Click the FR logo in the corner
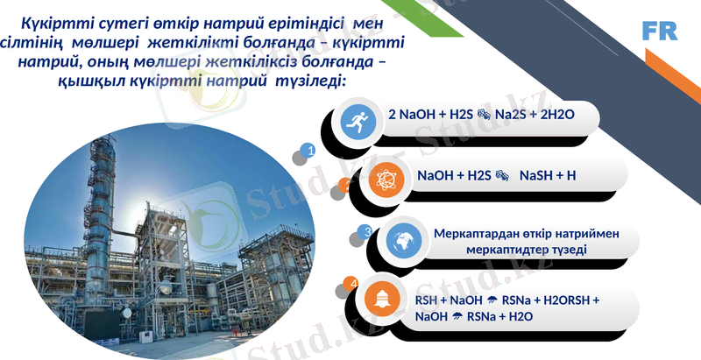[660, 32]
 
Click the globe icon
[402, 240]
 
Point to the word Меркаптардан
[473, 234]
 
